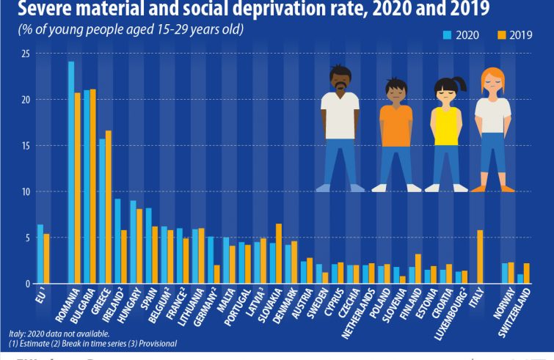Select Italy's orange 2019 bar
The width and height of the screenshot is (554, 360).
480,257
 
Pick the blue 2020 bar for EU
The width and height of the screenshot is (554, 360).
40,254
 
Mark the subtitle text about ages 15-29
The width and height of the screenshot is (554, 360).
128,30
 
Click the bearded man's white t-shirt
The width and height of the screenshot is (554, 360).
339,114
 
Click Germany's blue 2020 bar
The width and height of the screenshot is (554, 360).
210,260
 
